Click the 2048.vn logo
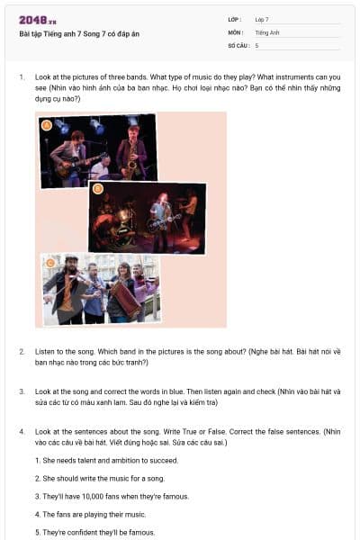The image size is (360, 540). coord(38,21)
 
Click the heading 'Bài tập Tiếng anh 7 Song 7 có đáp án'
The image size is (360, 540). coord(79,34)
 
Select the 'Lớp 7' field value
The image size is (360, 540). coord(262,20)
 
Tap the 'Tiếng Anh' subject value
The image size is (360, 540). coord(267,32)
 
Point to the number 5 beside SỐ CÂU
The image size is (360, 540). coord(257,46)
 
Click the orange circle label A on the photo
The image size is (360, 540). coord(47,125)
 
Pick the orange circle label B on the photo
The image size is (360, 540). coord(98,189)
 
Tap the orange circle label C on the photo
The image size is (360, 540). coord(50,264)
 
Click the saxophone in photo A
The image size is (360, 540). coord(130,160)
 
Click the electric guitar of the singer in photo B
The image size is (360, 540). coord(163,221)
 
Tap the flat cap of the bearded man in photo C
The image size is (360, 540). coord(71,257)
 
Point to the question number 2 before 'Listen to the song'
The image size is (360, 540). coord(22,352)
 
